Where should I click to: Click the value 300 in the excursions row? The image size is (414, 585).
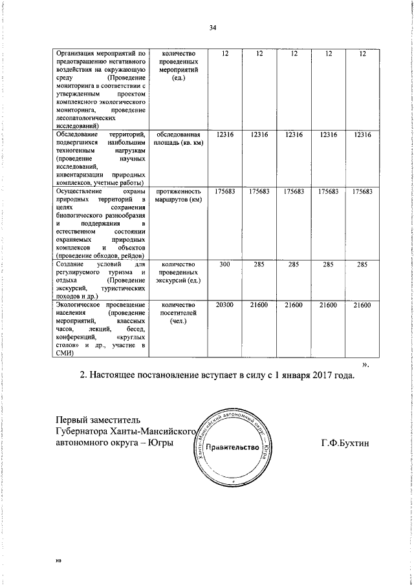pos(225,264)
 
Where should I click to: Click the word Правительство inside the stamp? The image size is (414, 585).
pos(234,447)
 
